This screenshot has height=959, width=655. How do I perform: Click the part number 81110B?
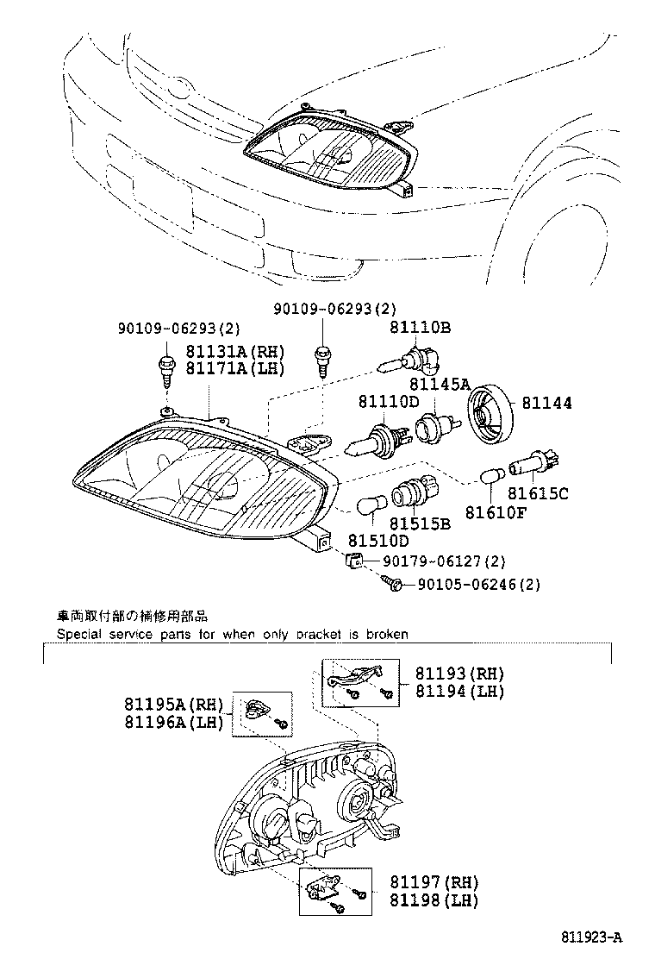(x=421, y=328)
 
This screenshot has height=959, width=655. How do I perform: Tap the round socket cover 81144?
(x=490, y=412)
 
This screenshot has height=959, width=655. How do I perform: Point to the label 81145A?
(x=440, y=384)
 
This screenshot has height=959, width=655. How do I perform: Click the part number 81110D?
(x=390, y=403)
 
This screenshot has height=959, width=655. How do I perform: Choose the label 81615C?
(x=538, y=493)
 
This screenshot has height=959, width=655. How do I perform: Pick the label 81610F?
(x=496, y=512)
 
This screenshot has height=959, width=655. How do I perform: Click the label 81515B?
(x=420, y=523)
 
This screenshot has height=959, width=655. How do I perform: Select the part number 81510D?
(x=378, y=541)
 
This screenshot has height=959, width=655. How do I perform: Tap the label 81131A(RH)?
(x=235, y=352)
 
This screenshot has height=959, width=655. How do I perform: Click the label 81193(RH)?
(x=459, y=674)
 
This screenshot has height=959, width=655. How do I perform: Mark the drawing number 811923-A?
(x=591, y=937)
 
